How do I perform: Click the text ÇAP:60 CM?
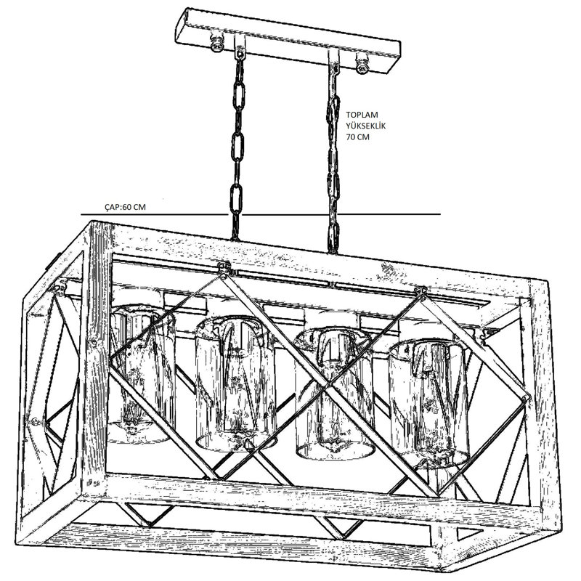(x=125, y=207)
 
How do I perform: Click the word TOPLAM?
(x=362, y=115)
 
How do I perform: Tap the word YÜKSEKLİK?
(x=366, y=126)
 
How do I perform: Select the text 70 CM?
(x=357, y=137)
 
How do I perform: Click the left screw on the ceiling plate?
(x=216, y=44)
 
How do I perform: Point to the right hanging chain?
(x=333, y=159)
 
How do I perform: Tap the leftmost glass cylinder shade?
(x=142, y=373)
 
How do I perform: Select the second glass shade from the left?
(x=235, y=383)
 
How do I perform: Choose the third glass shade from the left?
(x=333, y=393)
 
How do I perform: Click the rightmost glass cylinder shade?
(x=428, y=402)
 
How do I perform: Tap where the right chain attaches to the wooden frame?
(x=333, y=251)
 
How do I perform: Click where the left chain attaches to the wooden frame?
(x=235, y=238)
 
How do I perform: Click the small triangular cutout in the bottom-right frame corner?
(x=468, y=533)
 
